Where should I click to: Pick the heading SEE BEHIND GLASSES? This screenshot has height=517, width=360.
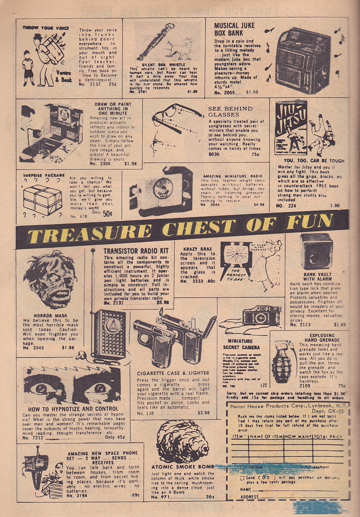[230, 111]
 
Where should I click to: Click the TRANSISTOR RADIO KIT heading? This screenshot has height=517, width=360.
[136, 251]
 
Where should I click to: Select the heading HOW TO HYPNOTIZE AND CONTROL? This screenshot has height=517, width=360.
[73, 409]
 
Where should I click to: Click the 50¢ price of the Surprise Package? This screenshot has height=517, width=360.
[108, 213]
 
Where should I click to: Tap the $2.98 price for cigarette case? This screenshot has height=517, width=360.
[204, 413]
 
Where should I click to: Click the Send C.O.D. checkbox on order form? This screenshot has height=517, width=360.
[242, 478]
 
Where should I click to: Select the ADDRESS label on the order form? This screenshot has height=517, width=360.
[250, 497]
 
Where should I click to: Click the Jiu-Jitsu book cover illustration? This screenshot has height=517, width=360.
[290, 127]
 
